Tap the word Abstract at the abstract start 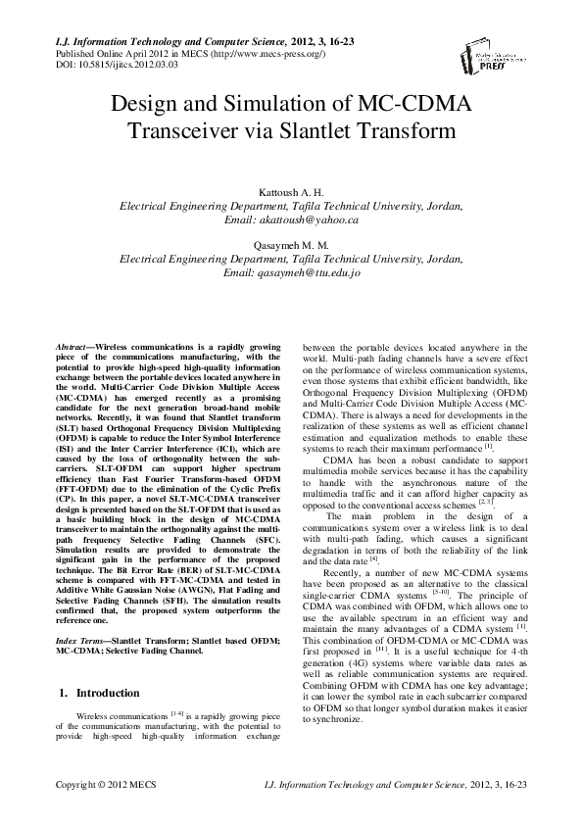[x=72, y=348]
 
